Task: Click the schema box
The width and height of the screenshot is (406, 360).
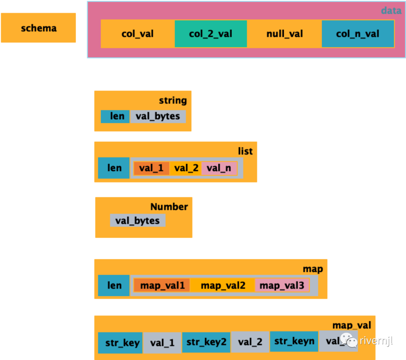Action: point(38,28)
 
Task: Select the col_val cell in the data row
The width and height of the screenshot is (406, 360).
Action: point(138,34)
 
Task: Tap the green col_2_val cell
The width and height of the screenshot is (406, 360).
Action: point(211,34)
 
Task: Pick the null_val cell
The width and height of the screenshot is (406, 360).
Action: point(285,34)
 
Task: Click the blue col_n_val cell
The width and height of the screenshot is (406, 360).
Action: point(358,34)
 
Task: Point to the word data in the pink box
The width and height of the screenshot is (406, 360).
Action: point(391,11)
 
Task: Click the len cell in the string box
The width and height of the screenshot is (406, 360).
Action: point(115,116)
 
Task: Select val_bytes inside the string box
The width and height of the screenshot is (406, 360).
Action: point(158,116)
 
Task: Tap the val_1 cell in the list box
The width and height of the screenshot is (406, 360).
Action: point(151,168)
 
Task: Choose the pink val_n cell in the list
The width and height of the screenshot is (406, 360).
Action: point(219,168)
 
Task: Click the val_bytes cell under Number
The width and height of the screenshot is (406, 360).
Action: point(138,220)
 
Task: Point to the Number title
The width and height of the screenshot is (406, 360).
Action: point(169,207)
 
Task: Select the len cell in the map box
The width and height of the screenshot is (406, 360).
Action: point(114,285)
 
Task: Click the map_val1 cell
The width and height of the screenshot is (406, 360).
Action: point(162,286)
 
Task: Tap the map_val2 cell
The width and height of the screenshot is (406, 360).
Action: point(223,286)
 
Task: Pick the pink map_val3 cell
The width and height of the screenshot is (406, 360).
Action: point(282,286)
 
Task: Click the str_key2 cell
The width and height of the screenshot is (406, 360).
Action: point(206,342)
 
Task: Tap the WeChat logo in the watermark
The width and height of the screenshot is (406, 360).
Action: point(348,340)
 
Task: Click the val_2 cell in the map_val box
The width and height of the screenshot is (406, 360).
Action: point(250,342)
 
